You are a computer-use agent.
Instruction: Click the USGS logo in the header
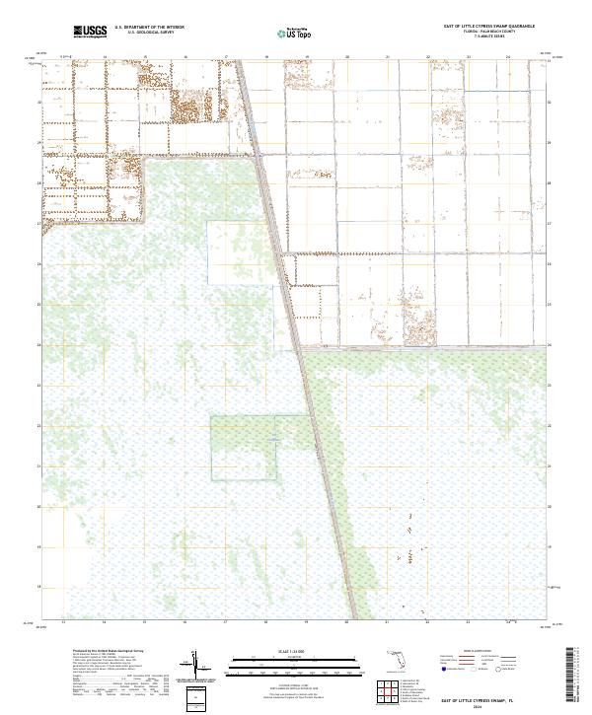pos(90,32)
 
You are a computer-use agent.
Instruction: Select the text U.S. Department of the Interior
pos(149,28)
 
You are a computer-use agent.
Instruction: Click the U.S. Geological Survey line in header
pos(149,33)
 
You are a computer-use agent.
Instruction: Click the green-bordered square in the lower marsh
pos(243,448)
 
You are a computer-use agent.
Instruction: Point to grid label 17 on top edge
pos(226,57)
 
